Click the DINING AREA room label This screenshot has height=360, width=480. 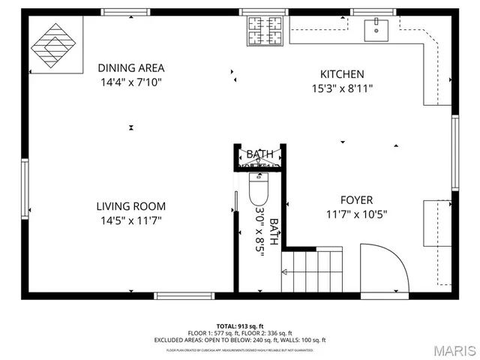coord(131,67)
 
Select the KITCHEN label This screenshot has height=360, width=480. coord(342,73)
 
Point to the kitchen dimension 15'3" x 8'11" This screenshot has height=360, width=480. coord(342,88)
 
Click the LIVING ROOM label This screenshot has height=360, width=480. coord(131,206)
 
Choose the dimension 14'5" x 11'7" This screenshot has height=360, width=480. coord(131,220)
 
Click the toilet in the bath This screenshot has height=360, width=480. coord(258,190)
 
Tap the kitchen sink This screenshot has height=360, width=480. coord(375,30)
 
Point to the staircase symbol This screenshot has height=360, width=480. coord(311,271)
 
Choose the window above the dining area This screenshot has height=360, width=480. coord(125,12)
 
